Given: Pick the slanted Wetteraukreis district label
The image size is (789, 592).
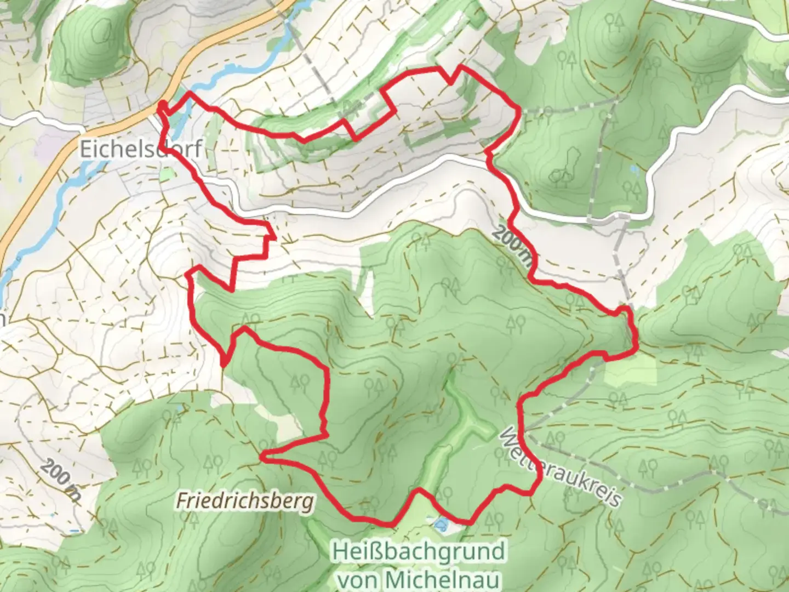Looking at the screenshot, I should click(x=562, y=467).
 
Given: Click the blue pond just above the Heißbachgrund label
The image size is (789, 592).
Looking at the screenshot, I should click(x=440, y=525).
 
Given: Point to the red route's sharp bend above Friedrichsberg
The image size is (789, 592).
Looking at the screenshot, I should click(x=264, y=456).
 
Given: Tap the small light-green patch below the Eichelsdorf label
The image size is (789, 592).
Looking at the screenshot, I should click(x=165, y=175).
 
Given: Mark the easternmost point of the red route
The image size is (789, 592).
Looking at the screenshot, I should click(x=636, y=345).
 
